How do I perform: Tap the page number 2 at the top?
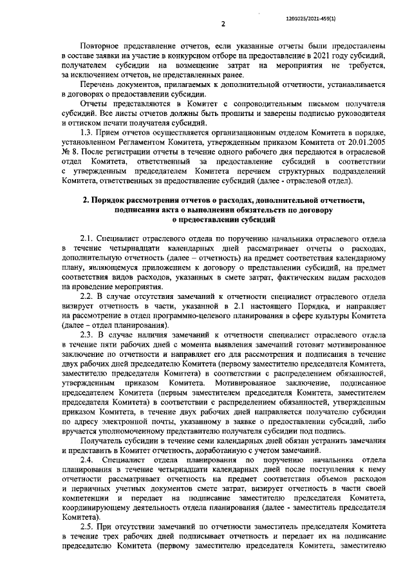[x=223, y=25]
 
